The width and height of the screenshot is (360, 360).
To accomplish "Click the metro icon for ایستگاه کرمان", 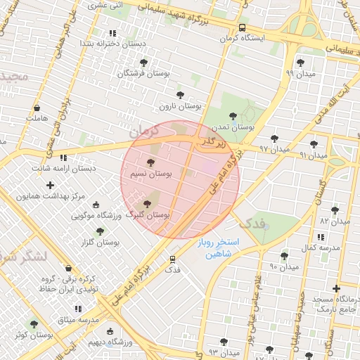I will pyautogui.click(x=242, y=27).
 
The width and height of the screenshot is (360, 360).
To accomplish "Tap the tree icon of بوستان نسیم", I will pyautogui.click(x=151, y=162).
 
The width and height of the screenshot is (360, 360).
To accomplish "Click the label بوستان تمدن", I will pyautogui.click(x=232, y=127).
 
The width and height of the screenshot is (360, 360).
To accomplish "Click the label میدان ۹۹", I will pyautogui.click(x=300, y=73).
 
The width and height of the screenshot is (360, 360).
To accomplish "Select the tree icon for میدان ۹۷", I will pyautogui.click(x=274, y=139).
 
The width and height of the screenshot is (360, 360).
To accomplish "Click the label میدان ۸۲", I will pyautogui.click(x=334, y=221).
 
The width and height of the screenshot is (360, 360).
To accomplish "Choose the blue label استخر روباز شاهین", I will pyautogui.click(x=218, y=247).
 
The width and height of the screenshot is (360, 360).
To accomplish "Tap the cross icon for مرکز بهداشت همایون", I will pyautogui.click(x=50, y=186).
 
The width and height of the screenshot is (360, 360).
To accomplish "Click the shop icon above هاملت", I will pyautogui.click(x=37, y=108).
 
